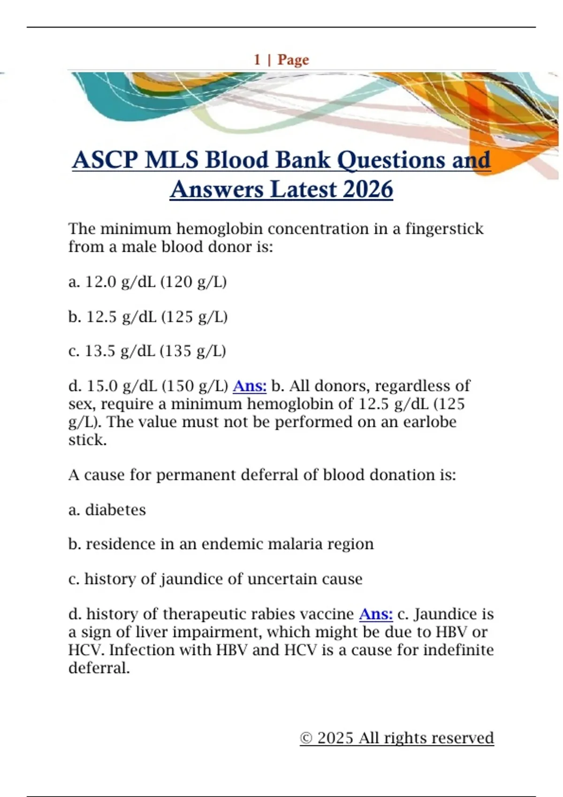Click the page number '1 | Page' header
coord(281,60)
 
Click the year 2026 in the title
coord(367,189)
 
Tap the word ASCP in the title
coord(105,160)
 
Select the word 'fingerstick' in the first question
coord(444,229)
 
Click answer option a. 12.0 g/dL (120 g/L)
coord(147,282)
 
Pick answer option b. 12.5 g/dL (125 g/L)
coord(148,317)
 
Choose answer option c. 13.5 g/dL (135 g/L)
coord(147,351)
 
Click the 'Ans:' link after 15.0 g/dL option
coord(250,386)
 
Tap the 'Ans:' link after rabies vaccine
coord(376,614)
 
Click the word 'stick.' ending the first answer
coord(88,440)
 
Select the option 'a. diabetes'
coord(107,510)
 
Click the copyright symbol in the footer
coord(306,738)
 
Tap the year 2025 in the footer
coord(335,738)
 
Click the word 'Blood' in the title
coord(236,160)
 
